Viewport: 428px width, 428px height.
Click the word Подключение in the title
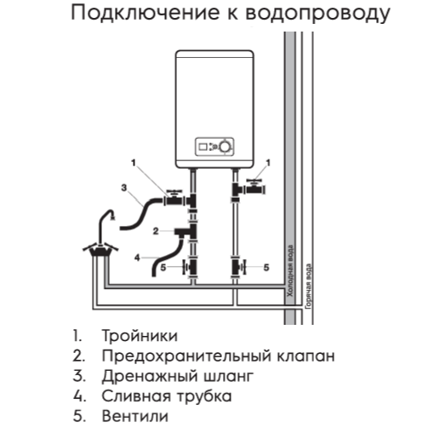coord(146,13)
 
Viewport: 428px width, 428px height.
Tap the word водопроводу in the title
coord(318,14)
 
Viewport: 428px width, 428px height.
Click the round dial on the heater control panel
coord(225,147)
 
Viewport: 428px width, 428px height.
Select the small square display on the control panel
coord(203,147)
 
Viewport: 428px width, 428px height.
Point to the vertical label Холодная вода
coord(289,271)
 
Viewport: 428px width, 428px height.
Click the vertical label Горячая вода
coord(309,286)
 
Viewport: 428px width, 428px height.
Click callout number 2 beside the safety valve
coord(156,231)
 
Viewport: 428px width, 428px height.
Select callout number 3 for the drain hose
coord(124,188)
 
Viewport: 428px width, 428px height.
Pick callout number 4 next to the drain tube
coord(137,257)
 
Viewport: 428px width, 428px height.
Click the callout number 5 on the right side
coord(266,268)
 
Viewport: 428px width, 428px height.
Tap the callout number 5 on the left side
coord(163,268)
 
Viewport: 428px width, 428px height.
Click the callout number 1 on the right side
coord(268,163)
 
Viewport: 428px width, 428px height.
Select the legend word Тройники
coord(140,336)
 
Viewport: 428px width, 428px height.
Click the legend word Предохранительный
coord(186,356)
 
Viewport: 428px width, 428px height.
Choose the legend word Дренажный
coord(150,376)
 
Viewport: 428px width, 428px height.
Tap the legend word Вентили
coord(135,416)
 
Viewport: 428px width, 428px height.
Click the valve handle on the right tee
coord(254,181)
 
